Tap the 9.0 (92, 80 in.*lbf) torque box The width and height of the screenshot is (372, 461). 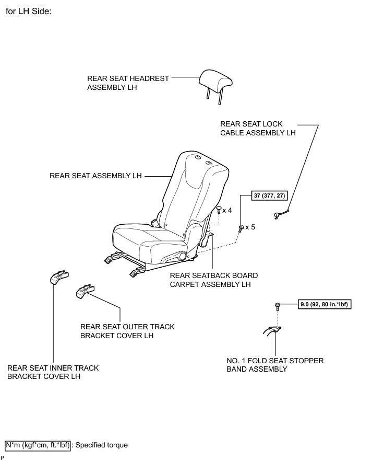pyautogui.click(x=325, y=304)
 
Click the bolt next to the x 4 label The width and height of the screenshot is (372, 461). pyautogui.click(x=218, y=210)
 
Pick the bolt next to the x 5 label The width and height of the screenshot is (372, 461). pyautogui.click(x=241, y=228)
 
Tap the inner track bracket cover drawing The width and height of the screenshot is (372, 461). pyautogui.click(x=60, y=277)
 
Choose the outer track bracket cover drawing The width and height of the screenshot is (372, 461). pyautogui.click(x=86, y=290)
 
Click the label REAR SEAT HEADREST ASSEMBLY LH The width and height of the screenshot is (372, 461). pyautogui.click(x=128, y=83)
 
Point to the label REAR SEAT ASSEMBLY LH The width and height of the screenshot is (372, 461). pyautogui.click(x=95, y=176)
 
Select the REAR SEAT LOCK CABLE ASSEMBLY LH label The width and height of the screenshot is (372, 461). pyautogui.click(x=258, y=129)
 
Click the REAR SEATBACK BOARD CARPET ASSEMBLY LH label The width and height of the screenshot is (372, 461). pyautogui.click(x=213, y=280)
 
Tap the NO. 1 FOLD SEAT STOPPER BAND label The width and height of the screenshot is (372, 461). pyautogui.click(x=275, y=365)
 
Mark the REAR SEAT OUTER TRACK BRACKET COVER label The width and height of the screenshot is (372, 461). pyautogui.click(x=127, y=331)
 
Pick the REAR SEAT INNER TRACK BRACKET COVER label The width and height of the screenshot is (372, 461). pyautogui.click(x=53, y=372)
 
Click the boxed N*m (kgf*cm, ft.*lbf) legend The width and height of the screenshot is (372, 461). pyautogui.click(x=37, y=445)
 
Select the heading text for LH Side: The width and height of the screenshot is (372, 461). pyautogui.click(x=29, y=11)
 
